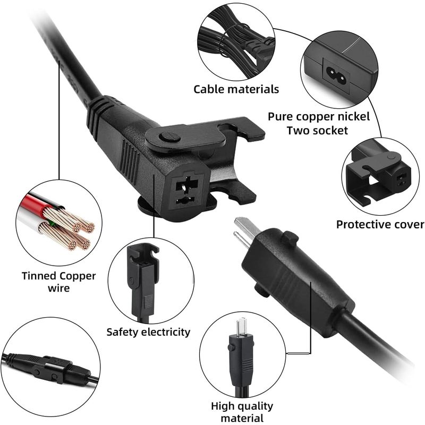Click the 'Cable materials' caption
tap(236, 89)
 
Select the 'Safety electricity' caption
tap(148, 332)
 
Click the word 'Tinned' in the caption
tap(39, 276)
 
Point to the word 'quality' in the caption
tap(255, 406)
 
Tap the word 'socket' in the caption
tap(330, 131)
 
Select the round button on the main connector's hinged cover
tap(169, 137)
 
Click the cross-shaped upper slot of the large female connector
tap(187, 185)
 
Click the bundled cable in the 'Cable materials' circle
tap(236, 44)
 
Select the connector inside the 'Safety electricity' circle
tap(143, 282)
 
